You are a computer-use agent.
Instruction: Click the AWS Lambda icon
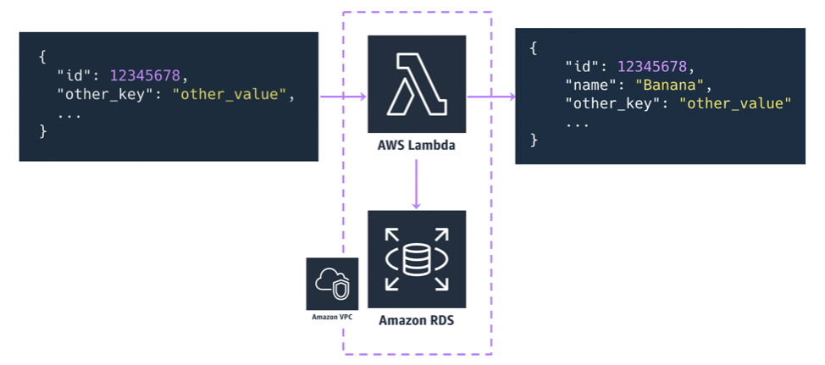point(417,84)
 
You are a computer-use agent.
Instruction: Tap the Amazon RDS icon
point(417,259)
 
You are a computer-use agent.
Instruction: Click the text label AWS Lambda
point(417,146)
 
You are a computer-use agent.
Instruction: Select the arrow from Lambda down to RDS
point(417,184)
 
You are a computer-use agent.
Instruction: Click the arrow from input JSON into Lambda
point(342,97)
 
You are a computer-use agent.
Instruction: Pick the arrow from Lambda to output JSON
point(490,97)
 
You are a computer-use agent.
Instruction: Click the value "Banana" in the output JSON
point(671,85)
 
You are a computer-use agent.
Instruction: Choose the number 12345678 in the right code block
point(654,66)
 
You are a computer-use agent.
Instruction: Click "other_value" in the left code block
point(230,94)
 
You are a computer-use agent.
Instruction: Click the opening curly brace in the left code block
point(42,57)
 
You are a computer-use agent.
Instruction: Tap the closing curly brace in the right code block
point(534,140)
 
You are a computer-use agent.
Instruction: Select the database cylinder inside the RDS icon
point(416,259)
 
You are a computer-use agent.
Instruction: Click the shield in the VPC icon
point(339,290)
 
